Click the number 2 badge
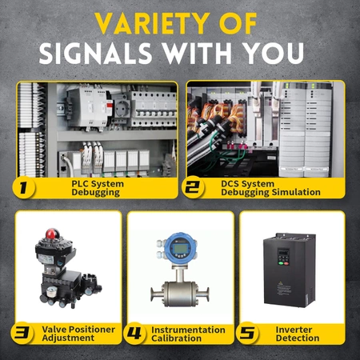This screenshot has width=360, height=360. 191,189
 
